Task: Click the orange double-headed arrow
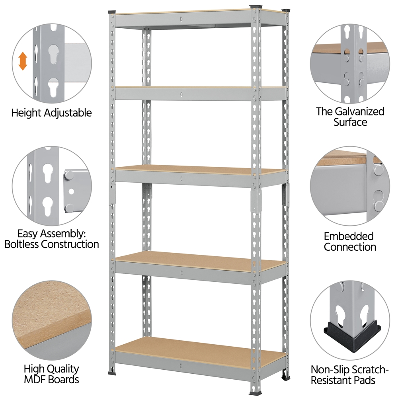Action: pos(23,61)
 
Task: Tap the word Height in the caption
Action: pos(26,113)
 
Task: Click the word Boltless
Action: pos(21,244)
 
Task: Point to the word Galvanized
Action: pos(359,112)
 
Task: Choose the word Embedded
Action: pos(349,236)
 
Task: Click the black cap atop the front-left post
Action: pos(112,12)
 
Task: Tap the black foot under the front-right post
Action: pos(255,394)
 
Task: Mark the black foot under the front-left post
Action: pos(112,373)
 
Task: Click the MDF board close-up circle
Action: pos(52,320)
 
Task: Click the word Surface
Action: pos(350,122)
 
